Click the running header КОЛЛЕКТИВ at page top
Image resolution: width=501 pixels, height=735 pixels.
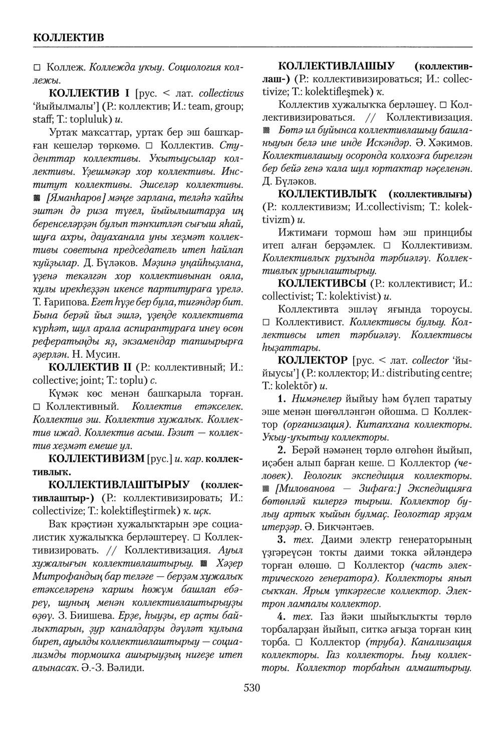point(68,38)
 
